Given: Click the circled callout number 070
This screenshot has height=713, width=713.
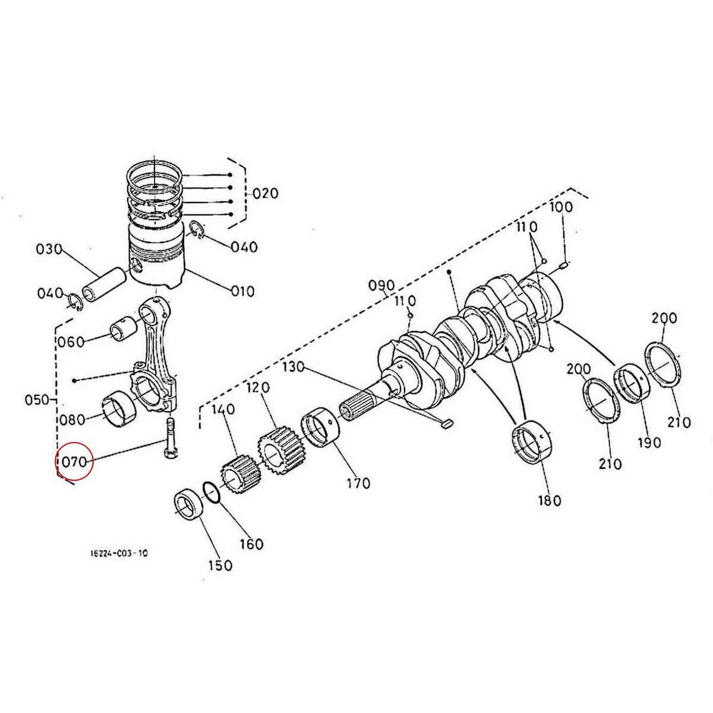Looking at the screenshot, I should [74, 460].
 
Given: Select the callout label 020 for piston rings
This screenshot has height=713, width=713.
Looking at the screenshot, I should [264, 194].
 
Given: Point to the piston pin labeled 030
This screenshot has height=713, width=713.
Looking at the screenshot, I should [104, 284].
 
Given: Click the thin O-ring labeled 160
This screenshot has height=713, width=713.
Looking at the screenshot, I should [213, 491].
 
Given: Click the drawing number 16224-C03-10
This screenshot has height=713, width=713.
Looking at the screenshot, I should [119, 553].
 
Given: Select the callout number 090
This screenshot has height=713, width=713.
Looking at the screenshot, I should [381, 285].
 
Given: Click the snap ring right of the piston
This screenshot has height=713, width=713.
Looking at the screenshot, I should [198, 232].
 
